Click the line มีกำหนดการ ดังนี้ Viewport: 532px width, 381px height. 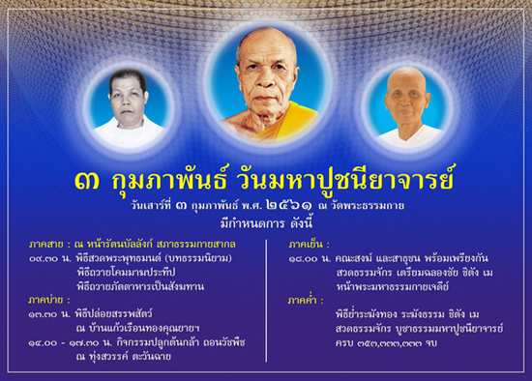pyautogui.click(x=265, y=221)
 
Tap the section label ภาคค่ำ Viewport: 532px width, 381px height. pyautogui.click(x=307, y=301)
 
